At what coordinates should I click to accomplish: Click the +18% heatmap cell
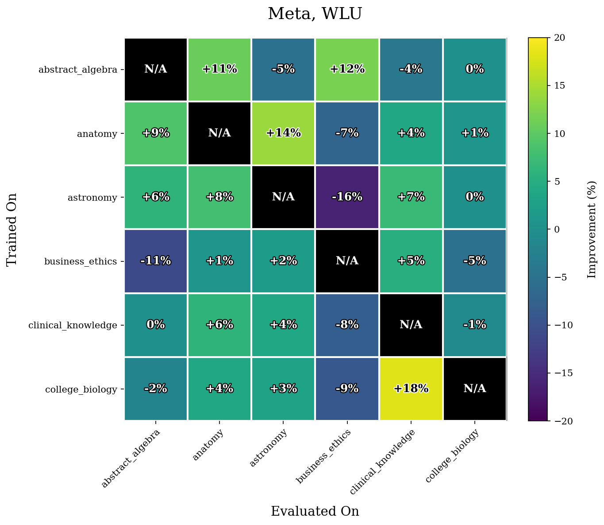tap(411, 389)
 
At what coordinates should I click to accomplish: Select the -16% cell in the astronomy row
tap(347, 197)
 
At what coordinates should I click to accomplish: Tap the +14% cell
tap(283, 133)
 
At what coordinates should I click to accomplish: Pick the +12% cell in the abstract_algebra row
tap(347, 69)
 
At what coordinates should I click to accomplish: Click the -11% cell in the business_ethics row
tap(156, 261)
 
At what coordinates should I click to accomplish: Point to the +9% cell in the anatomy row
tap(156, 133)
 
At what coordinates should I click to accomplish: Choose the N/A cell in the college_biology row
tap(474, 389)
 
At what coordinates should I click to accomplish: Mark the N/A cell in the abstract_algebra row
tap(156, 69)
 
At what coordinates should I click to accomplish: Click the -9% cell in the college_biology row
tap(347, 389)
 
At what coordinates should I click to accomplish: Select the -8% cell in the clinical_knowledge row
tap(347, 325)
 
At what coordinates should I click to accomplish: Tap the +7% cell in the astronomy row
tap(411, 197)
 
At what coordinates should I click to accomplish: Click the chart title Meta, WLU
tap(315, 14)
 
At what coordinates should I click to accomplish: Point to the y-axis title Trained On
tap(12, 229)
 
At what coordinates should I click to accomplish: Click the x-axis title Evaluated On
tap(315, 511)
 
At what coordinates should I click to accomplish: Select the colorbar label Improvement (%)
tap(592, 229)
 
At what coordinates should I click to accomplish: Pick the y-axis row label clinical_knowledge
tap(73, 325)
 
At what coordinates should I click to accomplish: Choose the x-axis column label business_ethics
tap(325, 456)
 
